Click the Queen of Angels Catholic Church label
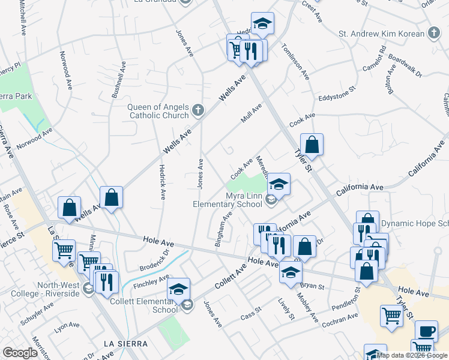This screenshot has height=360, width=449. pyautogui.click(x=158, y=112)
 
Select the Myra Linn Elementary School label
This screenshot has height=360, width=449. pyautogui.click(x=228, y=200)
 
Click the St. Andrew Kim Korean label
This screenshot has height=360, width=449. pyautogui.click(x=382, y=34)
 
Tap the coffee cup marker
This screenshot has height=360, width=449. pyautogui.click(x=426, y=330)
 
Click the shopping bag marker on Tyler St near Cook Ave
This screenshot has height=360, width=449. pyautogui.click(x=312, y=145)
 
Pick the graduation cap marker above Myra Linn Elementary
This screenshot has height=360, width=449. pyautogui.click(x=279, y=184)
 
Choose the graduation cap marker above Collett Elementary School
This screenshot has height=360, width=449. pyautogui.click(x=178, y=289)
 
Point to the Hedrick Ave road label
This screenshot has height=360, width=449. pyautogui.click(x=162, y=182)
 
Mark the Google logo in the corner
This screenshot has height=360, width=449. pyautogui.click(x=20, y=353)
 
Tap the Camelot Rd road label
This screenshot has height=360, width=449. pyautogui.click(x=374, y=58)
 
